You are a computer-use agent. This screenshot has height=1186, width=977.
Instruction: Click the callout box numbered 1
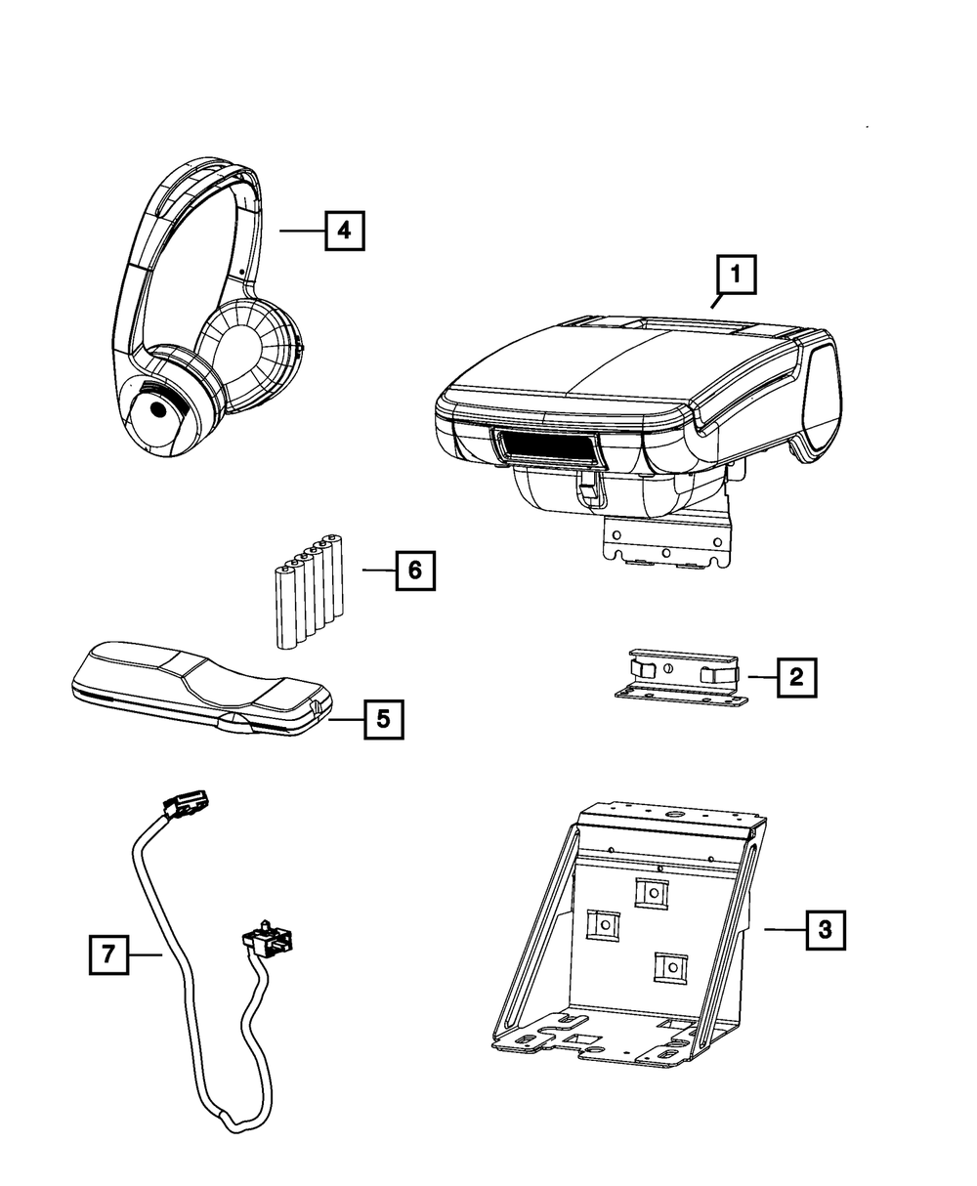(x=738, y=275)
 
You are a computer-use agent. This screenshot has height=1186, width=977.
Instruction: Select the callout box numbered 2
(x=796, y=675)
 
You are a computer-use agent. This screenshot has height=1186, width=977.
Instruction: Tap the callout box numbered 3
(x=826, y=930)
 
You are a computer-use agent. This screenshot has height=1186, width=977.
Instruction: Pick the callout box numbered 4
(x=344, y=231)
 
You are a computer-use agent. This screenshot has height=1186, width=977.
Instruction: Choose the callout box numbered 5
(x=382, y=719)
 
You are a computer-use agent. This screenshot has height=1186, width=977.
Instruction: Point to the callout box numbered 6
(x=414, y=570)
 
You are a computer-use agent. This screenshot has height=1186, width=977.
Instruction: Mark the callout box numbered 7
(x=108, y=954)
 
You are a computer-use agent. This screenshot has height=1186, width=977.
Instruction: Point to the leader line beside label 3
(x=784, y=930)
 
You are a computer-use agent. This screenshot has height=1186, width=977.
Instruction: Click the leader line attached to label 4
(x=301, y=231)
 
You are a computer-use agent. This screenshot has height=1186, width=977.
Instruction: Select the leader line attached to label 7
(x=145, y=954)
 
